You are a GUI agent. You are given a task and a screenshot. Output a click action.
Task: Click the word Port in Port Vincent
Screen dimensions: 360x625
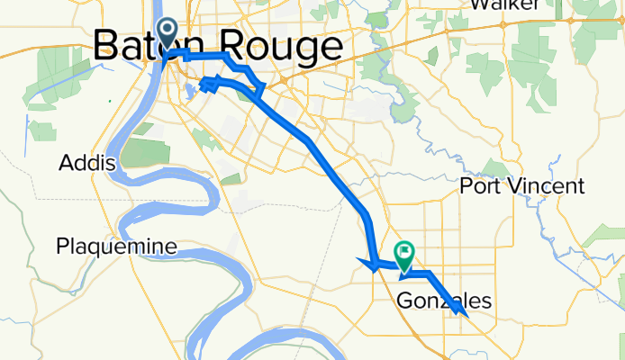point(485,186)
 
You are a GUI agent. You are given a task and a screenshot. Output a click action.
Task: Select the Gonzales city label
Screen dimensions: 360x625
point(445,301)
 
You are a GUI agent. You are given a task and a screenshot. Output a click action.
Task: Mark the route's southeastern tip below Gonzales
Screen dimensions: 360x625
point(463,316)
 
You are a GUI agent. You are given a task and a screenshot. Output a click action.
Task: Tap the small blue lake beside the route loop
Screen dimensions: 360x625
point(191,91)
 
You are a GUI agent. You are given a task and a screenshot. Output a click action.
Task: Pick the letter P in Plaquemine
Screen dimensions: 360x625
point(62,246)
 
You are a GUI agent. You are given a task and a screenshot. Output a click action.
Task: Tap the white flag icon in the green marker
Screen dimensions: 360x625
point(404,253)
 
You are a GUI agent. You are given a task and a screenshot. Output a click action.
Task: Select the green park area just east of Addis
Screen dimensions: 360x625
point(140,152)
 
